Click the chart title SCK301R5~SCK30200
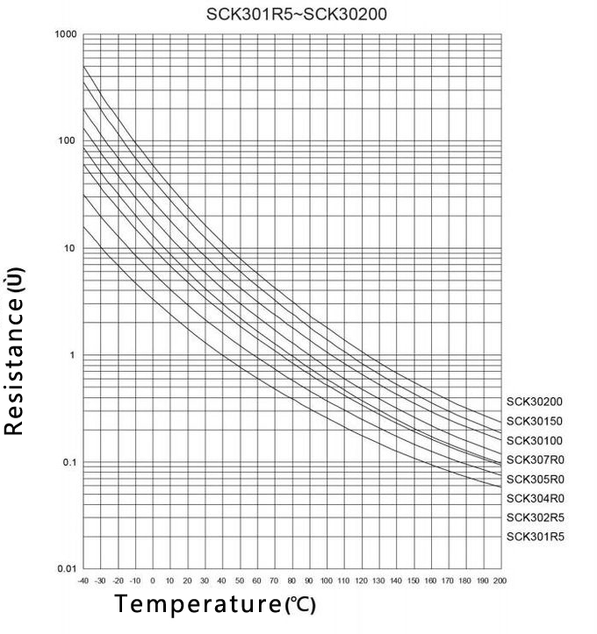[298, 15]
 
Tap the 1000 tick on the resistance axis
[68, 34]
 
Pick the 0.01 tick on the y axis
[68, 568]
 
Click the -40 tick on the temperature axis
[83, 581]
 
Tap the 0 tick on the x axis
[152, 581]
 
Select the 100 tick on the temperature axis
[326, 581]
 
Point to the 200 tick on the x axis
[500, 581]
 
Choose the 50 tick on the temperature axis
[239, 581]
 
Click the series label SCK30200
[534, 402]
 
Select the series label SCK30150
[534, 421]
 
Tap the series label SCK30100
[534, 440]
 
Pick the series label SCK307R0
[534, 459]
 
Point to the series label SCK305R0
[534, 479]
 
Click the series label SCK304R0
[534, 498]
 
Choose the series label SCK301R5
[534, 537]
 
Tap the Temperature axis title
[214, 605]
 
